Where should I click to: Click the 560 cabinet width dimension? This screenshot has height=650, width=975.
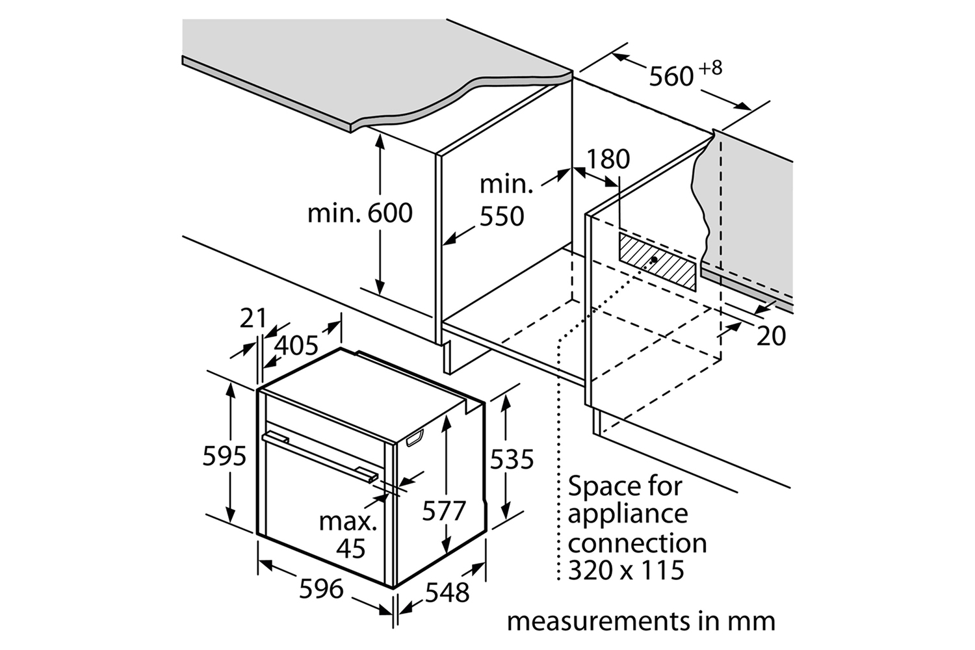click(671, 77)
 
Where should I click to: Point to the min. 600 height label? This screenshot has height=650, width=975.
click(360, 213)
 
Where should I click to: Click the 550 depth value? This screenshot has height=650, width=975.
click(502, 216)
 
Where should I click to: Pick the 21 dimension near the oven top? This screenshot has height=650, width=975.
click(253, 318)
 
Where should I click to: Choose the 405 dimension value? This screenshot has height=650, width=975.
click(296, 346)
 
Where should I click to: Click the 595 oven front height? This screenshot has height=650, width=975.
click(225, 456)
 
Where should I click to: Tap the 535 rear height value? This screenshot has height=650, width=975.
click(512, 460)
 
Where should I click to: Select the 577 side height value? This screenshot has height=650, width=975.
click(444, 511)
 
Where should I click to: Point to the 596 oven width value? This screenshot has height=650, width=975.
click(321, 589)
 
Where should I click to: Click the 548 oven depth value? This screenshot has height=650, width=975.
click(447, 593)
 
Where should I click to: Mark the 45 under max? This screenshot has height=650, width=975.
click(351, 549)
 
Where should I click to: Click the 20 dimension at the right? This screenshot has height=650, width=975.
click(772, 336)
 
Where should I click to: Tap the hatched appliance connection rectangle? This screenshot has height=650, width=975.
click(657, 262)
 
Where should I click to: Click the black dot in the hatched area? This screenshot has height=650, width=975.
click(654, 259)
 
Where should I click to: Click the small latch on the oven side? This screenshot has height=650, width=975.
click(415, 438)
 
